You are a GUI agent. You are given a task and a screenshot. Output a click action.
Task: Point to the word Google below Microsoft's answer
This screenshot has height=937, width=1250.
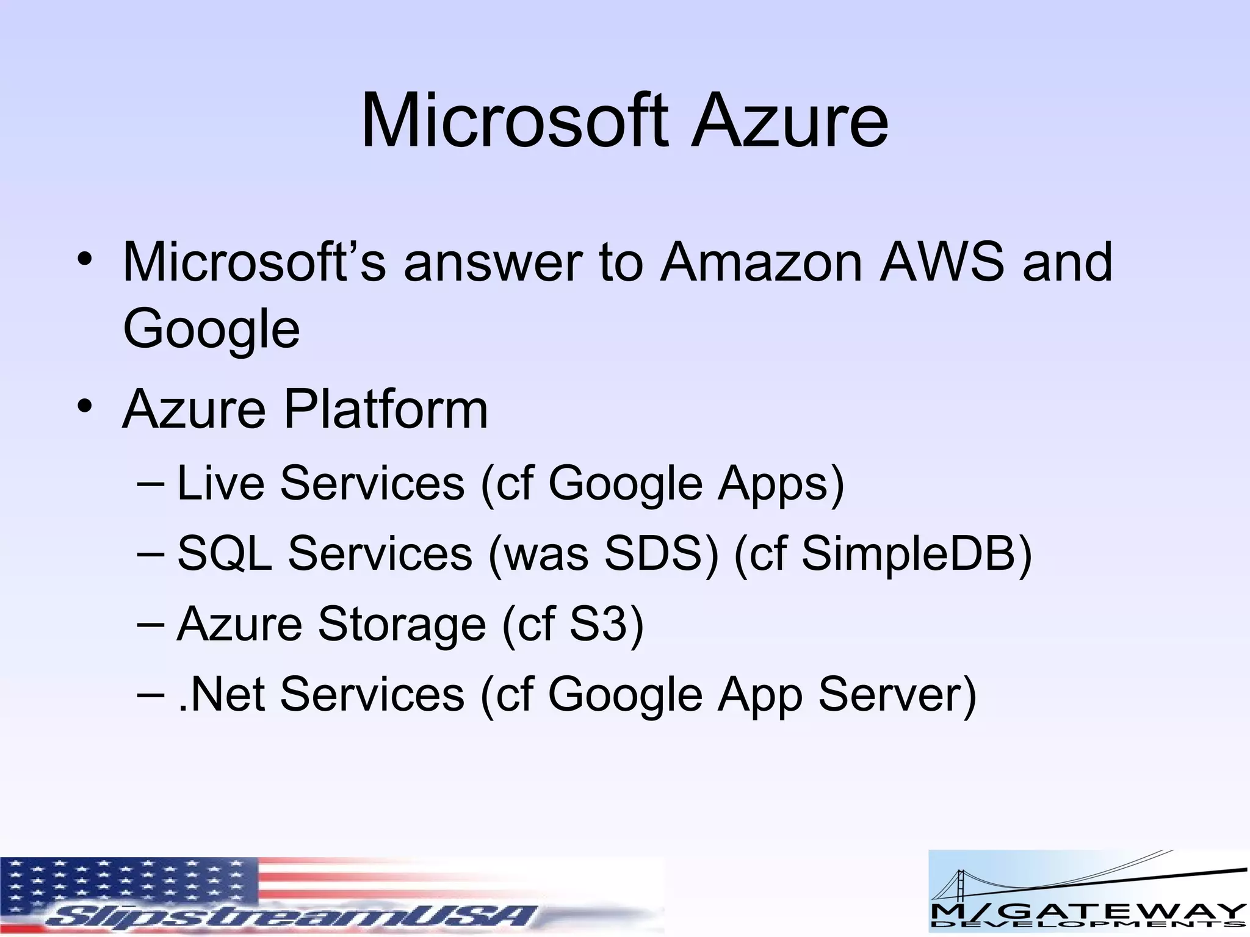(211, 329)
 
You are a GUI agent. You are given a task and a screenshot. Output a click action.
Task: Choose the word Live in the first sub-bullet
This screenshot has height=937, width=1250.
(220, 483)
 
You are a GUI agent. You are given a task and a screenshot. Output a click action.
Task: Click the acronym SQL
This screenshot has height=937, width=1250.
(225, 553)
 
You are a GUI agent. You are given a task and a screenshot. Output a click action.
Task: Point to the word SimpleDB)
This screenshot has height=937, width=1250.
(916, 553)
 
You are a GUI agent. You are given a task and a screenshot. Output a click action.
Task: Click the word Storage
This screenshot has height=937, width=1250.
(402, 624)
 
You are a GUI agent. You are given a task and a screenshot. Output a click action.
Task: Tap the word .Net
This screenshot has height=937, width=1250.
(221, 694)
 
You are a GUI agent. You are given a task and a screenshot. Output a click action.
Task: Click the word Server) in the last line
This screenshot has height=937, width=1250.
(897, 694)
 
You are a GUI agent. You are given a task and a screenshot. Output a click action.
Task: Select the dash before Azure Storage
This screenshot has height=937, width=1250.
(151, 624)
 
